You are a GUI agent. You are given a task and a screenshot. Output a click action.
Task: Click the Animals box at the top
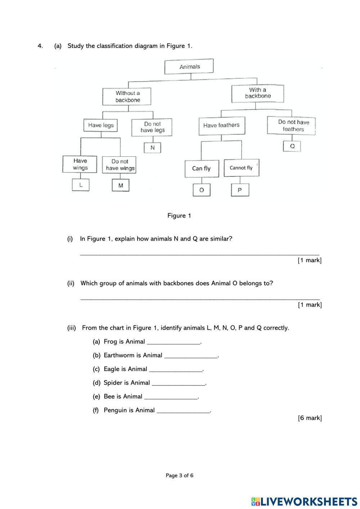189,67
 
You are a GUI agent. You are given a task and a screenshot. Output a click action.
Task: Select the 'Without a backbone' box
127,97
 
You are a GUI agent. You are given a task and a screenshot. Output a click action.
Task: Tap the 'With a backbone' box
257,93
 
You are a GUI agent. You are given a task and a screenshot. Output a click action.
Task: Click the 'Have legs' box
101,125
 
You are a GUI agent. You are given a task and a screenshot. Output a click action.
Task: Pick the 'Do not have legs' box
152,127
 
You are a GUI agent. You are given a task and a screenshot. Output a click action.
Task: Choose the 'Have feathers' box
221,125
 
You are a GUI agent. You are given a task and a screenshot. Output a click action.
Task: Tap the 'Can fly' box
202,169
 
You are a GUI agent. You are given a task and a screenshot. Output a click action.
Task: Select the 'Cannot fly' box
241,168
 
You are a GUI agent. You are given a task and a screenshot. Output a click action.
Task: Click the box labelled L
81,185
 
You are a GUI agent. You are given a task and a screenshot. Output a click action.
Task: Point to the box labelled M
121,186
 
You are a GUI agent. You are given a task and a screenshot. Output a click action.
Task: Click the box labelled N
152,148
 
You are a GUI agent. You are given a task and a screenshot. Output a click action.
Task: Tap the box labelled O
202,190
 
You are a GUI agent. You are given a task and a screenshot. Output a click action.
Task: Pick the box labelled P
240,190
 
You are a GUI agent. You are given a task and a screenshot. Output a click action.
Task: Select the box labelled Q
292,146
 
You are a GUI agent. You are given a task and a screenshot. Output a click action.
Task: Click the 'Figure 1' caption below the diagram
179,216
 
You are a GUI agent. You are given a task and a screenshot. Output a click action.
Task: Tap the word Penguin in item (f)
115,410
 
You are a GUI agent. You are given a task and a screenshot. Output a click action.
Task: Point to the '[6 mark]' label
310,418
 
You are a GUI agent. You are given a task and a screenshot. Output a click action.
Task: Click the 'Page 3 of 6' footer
179,475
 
